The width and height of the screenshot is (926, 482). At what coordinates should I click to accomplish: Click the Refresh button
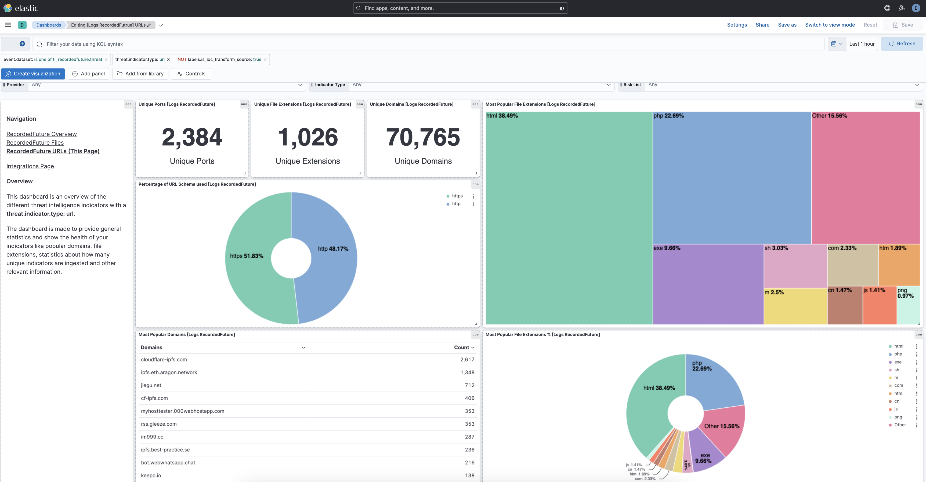tap(902, 44)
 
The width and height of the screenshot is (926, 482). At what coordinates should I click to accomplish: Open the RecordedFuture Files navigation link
tap(35, 143)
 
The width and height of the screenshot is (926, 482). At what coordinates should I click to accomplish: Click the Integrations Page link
tap(30, 166)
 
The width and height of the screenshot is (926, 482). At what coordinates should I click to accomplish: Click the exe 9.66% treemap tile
tap(707, 284)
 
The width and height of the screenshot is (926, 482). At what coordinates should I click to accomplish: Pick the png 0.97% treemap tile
tap(908, 305)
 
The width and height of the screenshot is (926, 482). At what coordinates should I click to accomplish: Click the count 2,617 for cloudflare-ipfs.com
tap(467, 360)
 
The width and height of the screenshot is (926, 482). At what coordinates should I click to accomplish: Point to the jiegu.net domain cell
tap(151, 385)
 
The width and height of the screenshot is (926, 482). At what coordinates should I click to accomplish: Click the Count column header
tap(464, 347)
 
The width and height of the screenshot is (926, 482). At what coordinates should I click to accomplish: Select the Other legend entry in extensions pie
tap(899, 425)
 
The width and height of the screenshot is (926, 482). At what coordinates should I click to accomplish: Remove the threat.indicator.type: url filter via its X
tap(168, 60)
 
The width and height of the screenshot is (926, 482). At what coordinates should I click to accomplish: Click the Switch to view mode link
tap(830, 25)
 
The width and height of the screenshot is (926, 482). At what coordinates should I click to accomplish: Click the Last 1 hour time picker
tap(861, 44)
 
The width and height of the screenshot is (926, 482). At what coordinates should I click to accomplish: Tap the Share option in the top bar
tap(762, 25)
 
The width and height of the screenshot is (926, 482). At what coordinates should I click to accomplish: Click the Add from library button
tap(140, 74)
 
